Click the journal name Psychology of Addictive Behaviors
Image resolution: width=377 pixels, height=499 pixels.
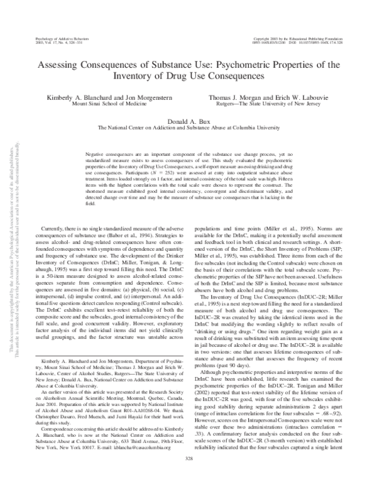(x=53, y=38)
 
